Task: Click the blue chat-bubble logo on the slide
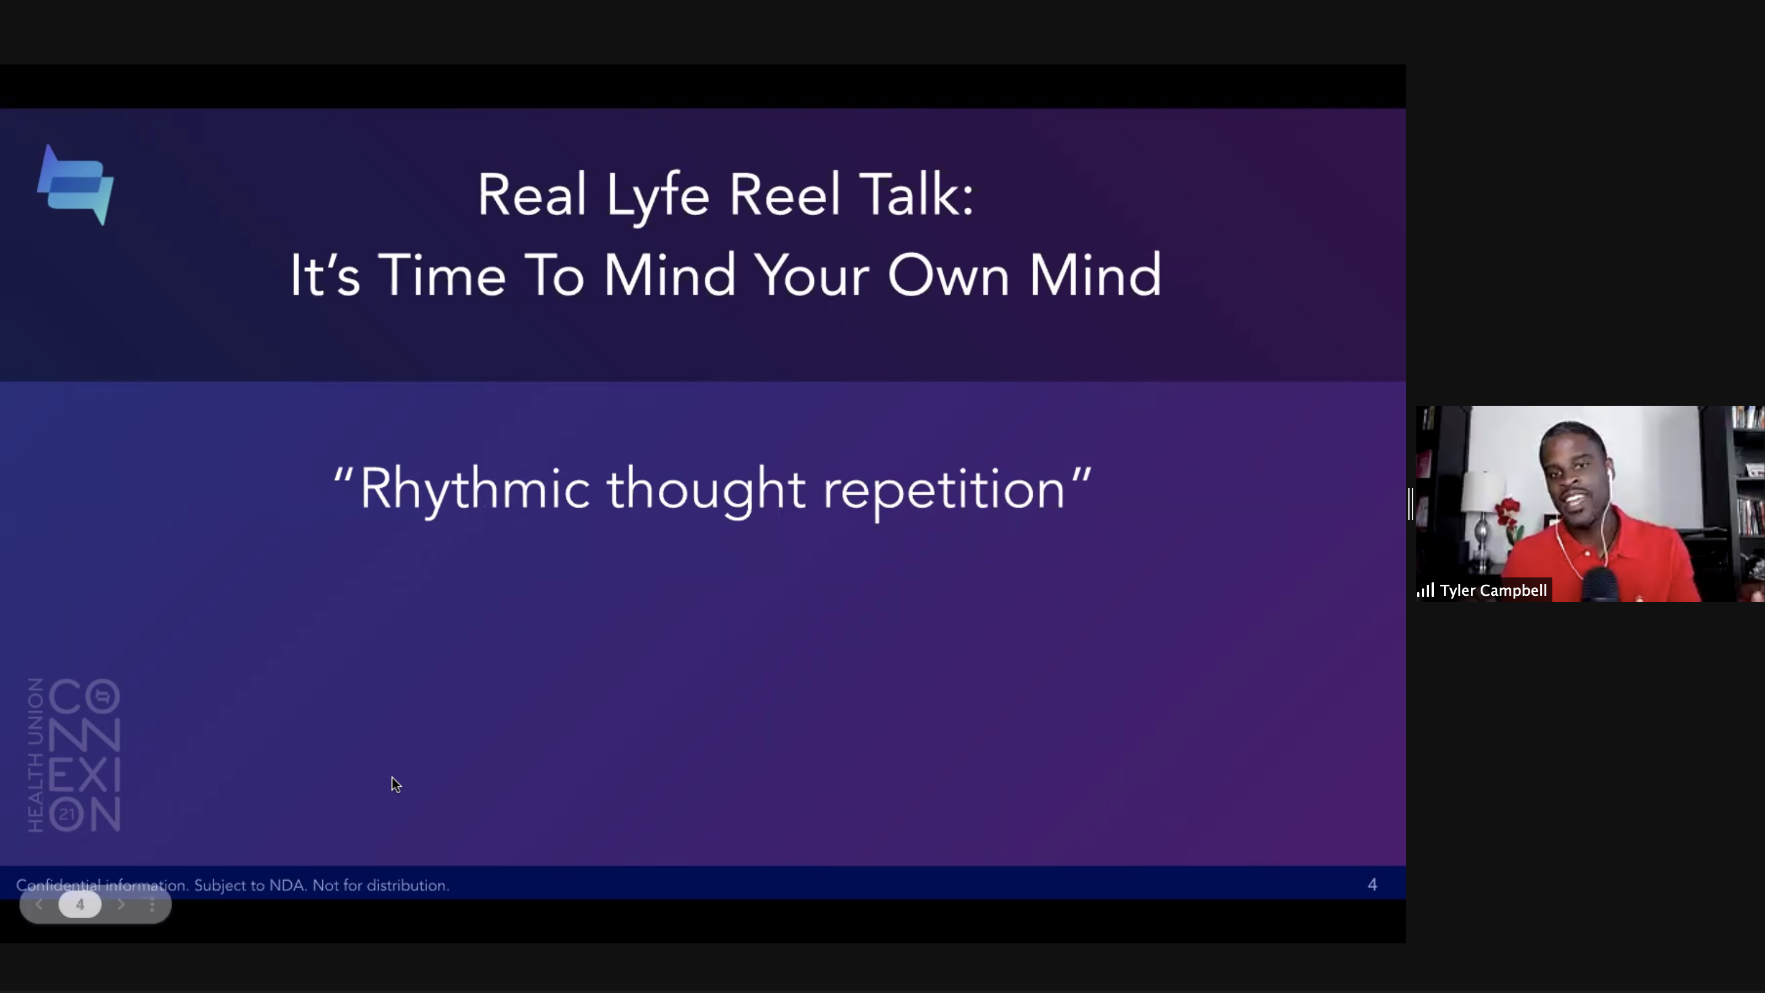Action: coord(75,185)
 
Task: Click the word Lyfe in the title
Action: coord(657,197)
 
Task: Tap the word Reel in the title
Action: coord(784,195)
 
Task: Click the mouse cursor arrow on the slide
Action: coord(396,785)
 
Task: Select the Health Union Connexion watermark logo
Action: coord(74,755)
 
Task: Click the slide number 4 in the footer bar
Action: coord(1372,885)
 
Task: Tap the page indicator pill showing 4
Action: coord(80,905)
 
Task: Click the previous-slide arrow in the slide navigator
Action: coord(39,905)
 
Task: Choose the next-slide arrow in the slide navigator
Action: coord(121,905)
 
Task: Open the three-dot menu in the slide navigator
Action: coord(152,905)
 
